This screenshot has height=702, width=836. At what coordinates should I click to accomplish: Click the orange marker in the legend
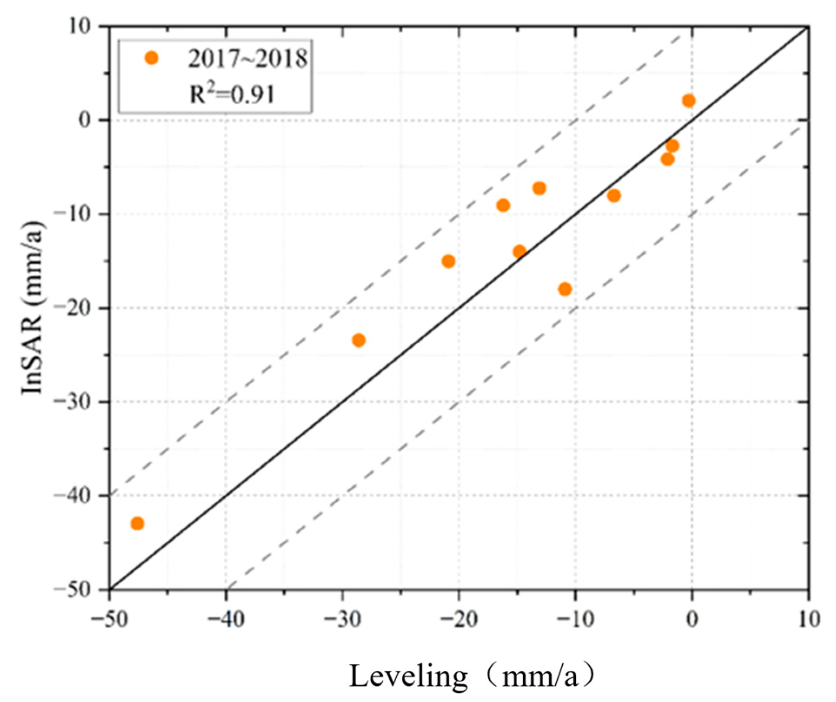[151, 58]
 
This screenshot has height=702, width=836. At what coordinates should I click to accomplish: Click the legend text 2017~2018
[248, 58]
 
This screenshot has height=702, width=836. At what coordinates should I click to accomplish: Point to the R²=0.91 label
[232, 93]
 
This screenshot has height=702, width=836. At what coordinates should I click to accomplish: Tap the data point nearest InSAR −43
[137, 523]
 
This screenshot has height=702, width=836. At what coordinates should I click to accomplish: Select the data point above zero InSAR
[689, 101]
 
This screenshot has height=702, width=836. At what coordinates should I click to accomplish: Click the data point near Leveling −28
[359, 340]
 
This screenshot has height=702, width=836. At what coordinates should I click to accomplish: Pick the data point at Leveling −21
[448, 261]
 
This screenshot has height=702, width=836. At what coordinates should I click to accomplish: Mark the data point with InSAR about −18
[565, 289]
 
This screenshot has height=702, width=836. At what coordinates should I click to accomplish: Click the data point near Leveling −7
[614, 196]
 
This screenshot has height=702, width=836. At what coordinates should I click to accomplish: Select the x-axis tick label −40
[226, 619]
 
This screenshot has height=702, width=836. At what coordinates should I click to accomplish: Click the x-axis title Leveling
[408, 676]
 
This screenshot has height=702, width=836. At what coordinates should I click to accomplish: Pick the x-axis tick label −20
[459, 619]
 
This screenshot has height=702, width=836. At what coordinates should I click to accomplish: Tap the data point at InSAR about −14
[519, 252]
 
